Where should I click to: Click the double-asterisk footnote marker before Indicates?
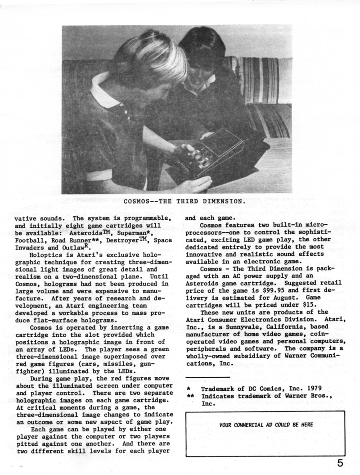[x=190, y=396]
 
